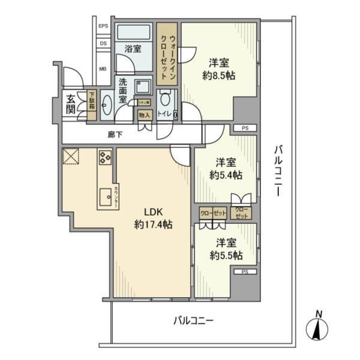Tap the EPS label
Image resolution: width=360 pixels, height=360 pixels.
point(103,26)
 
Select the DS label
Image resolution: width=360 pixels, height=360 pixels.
point(103,43)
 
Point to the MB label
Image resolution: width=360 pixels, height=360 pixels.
point(103,68)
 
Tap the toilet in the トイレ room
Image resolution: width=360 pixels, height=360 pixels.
point(166,98)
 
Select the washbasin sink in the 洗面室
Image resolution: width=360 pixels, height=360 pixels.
point(106,105)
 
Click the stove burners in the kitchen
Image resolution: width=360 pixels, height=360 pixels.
point(105,158)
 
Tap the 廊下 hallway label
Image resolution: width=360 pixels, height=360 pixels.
point(115,135)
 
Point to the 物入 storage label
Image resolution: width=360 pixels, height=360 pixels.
point(144,115)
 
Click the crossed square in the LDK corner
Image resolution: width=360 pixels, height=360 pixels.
point(71,157)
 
